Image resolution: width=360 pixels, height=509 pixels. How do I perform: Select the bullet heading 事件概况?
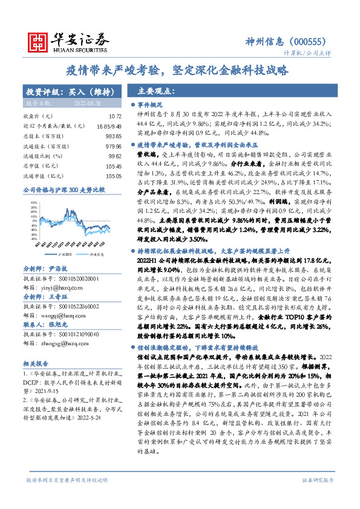(149, 105)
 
